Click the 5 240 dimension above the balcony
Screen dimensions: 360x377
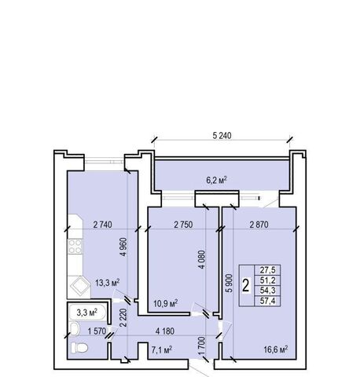(x=222, y=136)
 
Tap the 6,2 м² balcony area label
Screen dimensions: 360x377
(x=216, y=180)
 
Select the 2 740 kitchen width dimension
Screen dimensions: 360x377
(x=102, y=225)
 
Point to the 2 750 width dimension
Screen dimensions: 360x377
(x=183, y=225)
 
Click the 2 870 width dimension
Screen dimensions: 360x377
(x=259, y=225)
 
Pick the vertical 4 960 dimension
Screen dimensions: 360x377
(x=123, y=247)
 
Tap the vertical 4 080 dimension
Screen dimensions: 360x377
(x=202, y=260)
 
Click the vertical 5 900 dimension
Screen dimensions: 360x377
(x=229, y=284)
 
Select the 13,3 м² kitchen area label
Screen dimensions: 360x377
(x=108, y=283)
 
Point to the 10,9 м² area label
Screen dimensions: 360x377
(x=166, y=304)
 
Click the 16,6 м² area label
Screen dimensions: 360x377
(x=276, y=350)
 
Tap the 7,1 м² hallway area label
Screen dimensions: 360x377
(x=162, y=350)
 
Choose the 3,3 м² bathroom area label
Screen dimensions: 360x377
(x=87, y=312)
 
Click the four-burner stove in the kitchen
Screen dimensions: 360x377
(x=75, y=247)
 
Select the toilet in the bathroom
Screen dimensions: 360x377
(x=79, y=347)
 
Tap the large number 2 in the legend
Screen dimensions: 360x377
(x=245, y=285)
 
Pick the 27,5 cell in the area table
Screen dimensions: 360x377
(x=267, y=270)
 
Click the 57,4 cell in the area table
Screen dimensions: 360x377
(x=267, y=301)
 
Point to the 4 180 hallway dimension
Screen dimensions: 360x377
(x=165, y=331)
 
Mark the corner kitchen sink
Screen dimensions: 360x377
(x=79, y=287)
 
